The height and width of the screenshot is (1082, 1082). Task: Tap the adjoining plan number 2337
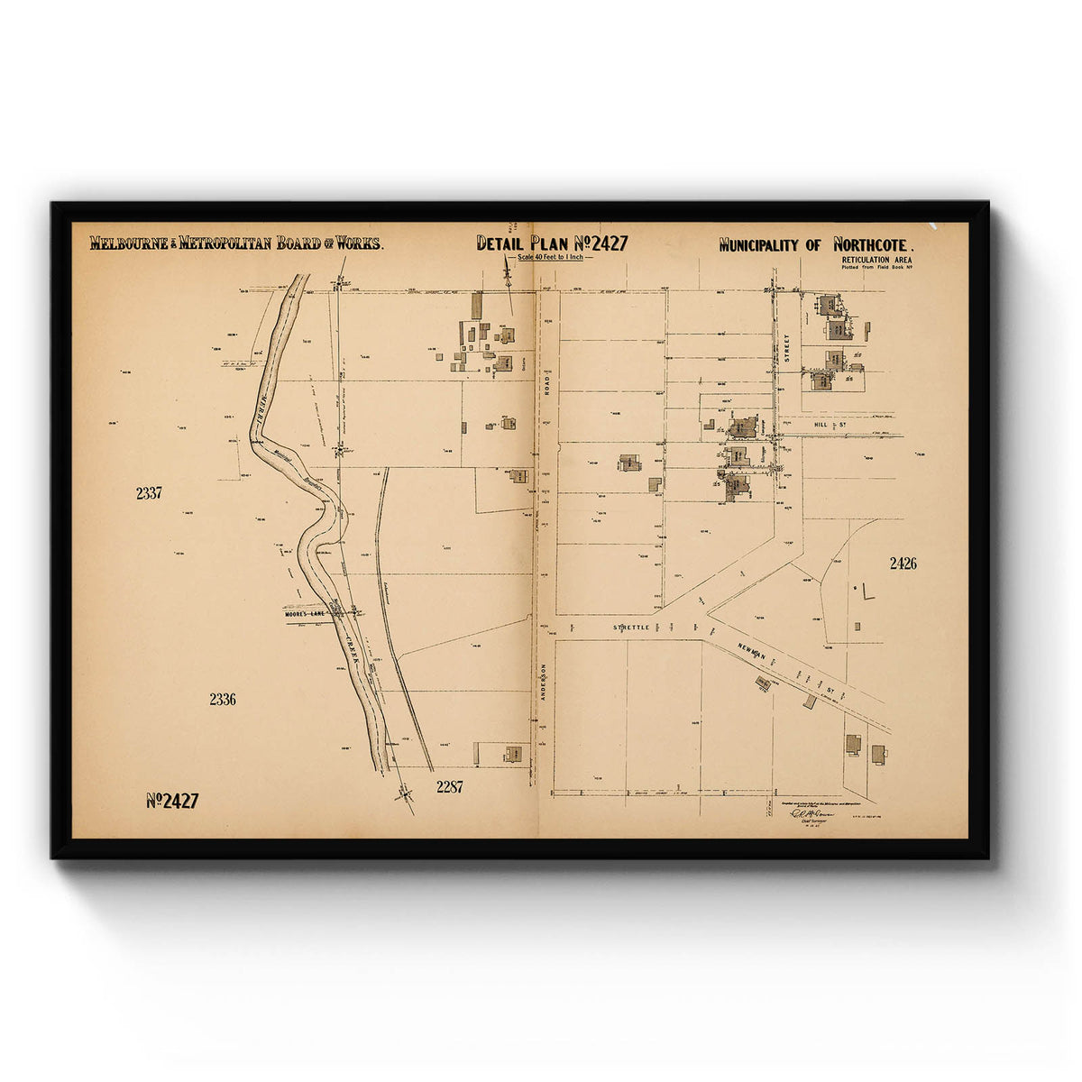(149, 493)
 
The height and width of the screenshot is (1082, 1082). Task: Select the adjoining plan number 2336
(222, 699)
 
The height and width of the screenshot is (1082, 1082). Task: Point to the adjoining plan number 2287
(449, 786)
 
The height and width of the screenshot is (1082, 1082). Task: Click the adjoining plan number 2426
(903, 564)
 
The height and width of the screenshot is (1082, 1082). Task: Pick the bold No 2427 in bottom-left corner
(172, 801)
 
